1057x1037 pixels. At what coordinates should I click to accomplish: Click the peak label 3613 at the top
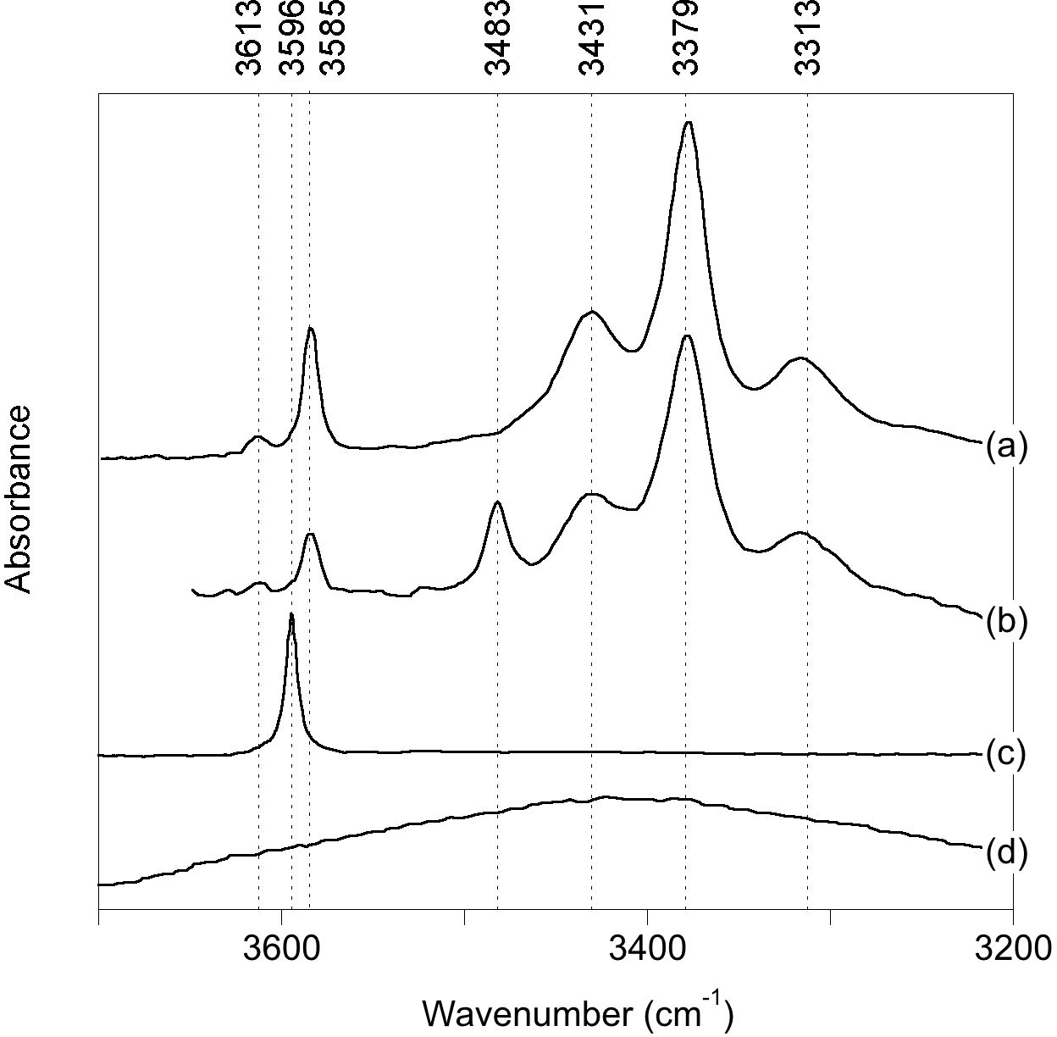coord(249,39)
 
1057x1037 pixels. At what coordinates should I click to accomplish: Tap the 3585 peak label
coord(333,39)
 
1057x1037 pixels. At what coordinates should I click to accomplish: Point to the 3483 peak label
coord(498,39)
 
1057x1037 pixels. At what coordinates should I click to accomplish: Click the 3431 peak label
coord(592,39)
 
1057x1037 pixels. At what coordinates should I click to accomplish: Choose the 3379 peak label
coord(686,39)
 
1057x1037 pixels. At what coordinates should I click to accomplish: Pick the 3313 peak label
coord(808,39)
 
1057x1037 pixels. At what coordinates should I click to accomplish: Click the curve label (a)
coord(1006,446)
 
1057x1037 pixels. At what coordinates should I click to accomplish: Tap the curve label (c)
coord(1006,753)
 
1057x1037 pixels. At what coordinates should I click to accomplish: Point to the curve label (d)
coord(1006,851)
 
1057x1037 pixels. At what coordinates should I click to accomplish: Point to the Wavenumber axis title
coord(578,1012)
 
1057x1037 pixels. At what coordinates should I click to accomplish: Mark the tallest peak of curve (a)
coord(689,123)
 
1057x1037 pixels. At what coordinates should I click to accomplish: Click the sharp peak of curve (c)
coord(291,615)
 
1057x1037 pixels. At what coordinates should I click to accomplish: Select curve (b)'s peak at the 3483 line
coord(497,502)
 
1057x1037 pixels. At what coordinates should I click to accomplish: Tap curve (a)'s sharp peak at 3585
coord(311,329)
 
